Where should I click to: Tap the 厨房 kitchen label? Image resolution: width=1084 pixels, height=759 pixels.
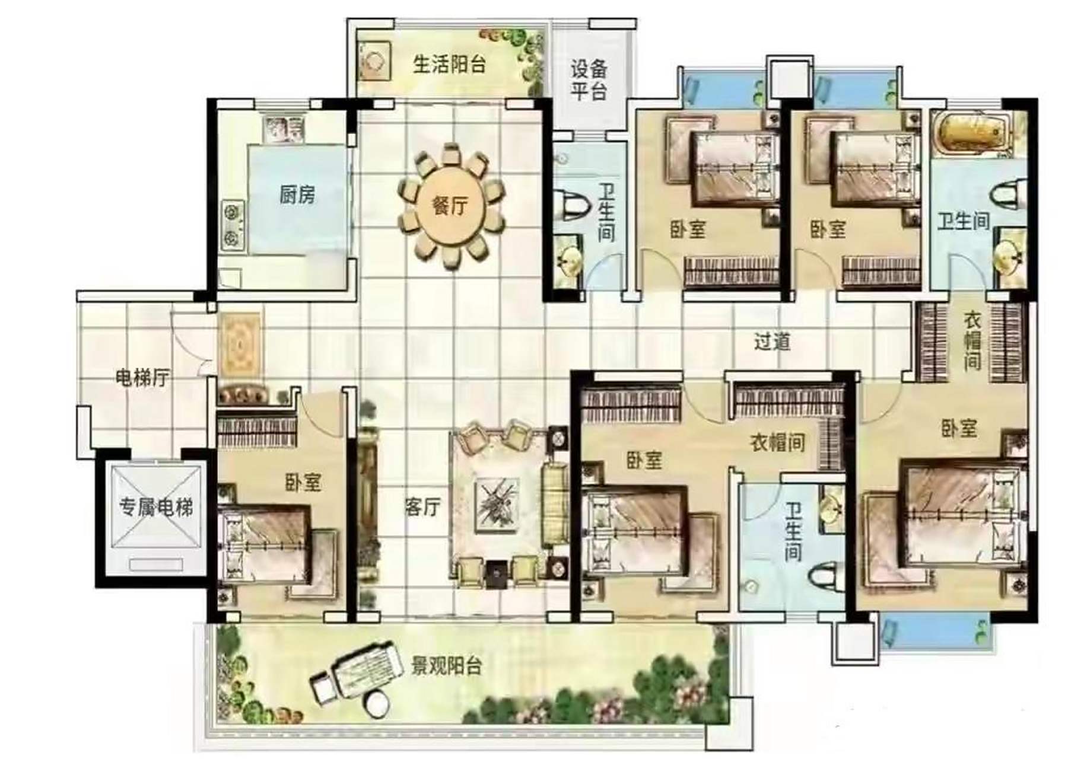(x=297, y=194)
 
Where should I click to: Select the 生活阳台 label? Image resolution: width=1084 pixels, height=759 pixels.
(x=449, y=64)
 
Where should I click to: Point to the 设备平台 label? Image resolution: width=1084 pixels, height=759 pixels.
(x=589, y=80)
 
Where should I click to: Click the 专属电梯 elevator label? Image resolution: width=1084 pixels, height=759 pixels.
(x=156, y=507)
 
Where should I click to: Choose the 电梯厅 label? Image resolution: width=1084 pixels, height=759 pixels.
(x=142, y=378)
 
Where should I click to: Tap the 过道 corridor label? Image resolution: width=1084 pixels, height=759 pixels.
(x=772, y=342)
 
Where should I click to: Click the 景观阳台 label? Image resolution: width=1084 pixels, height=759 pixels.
(x=446, y=666)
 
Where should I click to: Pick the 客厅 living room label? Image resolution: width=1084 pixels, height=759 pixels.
(x=422, y=507)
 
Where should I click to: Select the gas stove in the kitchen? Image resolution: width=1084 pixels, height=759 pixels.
(x=233, y=225)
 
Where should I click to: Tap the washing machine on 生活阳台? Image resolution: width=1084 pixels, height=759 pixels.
(x=374, y=60)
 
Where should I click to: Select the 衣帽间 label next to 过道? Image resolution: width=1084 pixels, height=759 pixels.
(x=972, y=342)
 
